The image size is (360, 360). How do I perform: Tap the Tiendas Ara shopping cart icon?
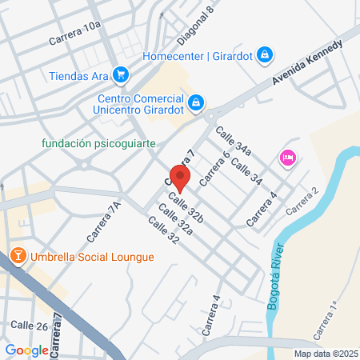(121, 75)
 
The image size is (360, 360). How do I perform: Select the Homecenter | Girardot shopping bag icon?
(266, 56)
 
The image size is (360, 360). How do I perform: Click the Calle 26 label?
(29, 326)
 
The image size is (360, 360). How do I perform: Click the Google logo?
(27, 350)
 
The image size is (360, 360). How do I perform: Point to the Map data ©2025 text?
(325, 354)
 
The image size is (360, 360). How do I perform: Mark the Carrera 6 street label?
(215, 168)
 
